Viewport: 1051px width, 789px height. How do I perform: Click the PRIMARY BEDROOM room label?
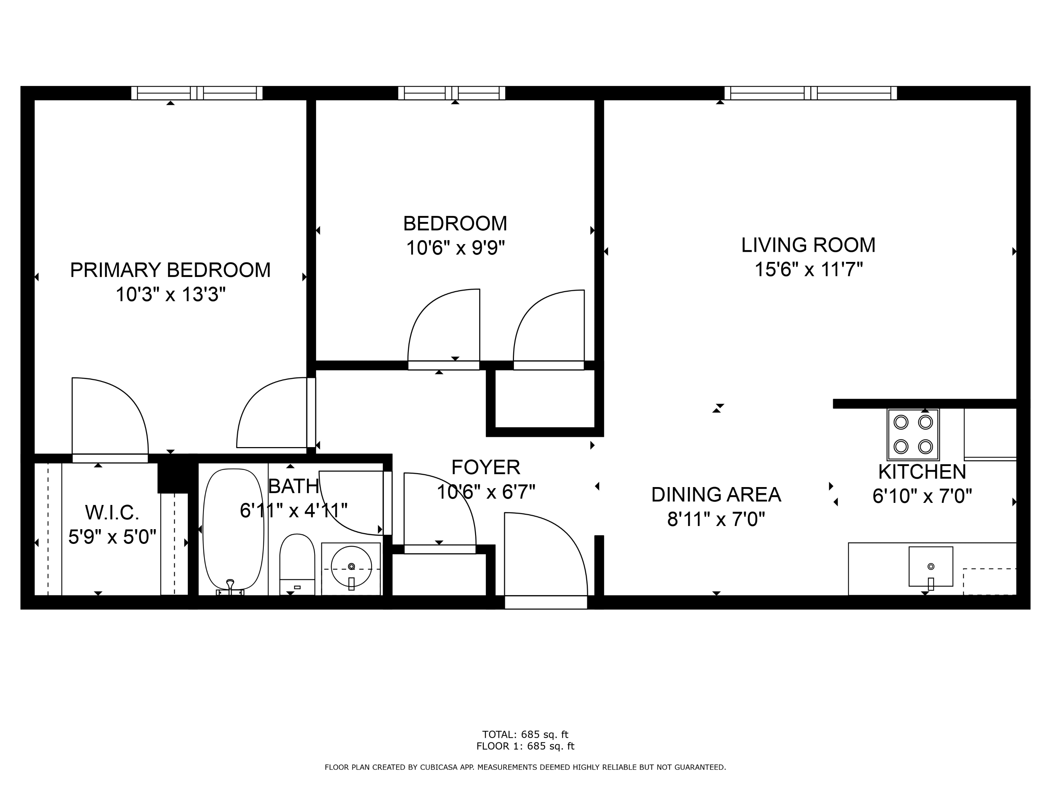point(170,270)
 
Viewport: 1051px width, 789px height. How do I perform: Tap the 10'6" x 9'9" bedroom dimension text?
point(455,248)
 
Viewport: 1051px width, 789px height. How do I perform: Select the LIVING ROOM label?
point(808,245)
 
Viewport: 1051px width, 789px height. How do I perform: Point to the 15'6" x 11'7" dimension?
point(808,270)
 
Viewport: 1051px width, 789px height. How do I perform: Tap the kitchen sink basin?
point(930,566)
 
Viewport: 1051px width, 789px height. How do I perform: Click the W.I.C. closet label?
point(112,513)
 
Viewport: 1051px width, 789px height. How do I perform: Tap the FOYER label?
point(485,467)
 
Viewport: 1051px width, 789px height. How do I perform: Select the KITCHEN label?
point(922,472)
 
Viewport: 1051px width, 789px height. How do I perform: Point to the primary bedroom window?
point(197,93)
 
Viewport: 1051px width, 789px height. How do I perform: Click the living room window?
point(810,93)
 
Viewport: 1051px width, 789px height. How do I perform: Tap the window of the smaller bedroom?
point(451,93)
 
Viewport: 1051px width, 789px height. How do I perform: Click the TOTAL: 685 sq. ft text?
point(525,735)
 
